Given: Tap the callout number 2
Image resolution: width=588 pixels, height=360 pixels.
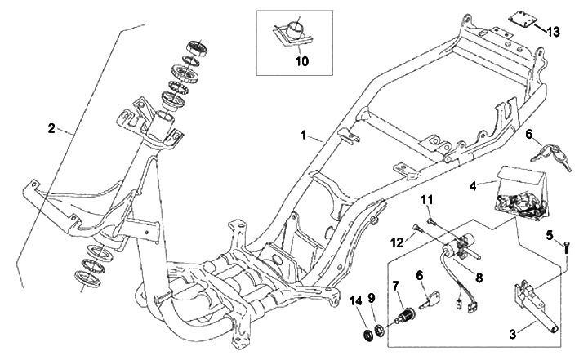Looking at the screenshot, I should click(x=51, y=128).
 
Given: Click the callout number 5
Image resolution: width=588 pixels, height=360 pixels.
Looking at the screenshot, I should click(x=551, y=236).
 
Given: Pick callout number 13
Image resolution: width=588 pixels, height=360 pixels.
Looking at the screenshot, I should click(x=554, y=32).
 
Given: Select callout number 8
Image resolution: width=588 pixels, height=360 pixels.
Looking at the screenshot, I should click(x=479, y=277).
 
